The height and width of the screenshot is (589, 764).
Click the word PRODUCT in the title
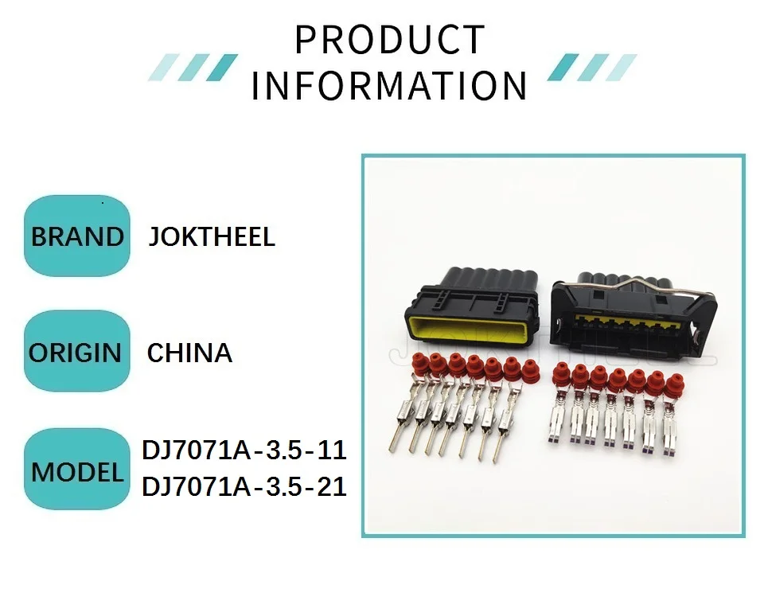point(389,41)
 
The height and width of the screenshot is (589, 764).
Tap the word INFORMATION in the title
point(389,86)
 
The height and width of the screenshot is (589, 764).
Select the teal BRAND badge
point(76,236)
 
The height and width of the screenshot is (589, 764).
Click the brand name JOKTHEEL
point(212,236)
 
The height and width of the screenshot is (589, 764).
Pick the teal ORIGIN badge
point(76,352)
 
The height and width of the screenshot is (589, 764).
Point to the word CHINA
point(189,353)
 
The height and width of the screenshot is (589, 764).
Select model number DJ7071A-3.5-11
point(244,451)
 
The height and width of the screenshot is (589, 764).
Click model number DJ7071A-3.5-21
point(244,486)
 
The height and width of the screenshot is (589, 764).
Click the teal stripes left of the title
point(193,67)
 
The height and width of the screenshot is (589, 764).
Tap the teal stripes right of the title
point(592,67)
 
